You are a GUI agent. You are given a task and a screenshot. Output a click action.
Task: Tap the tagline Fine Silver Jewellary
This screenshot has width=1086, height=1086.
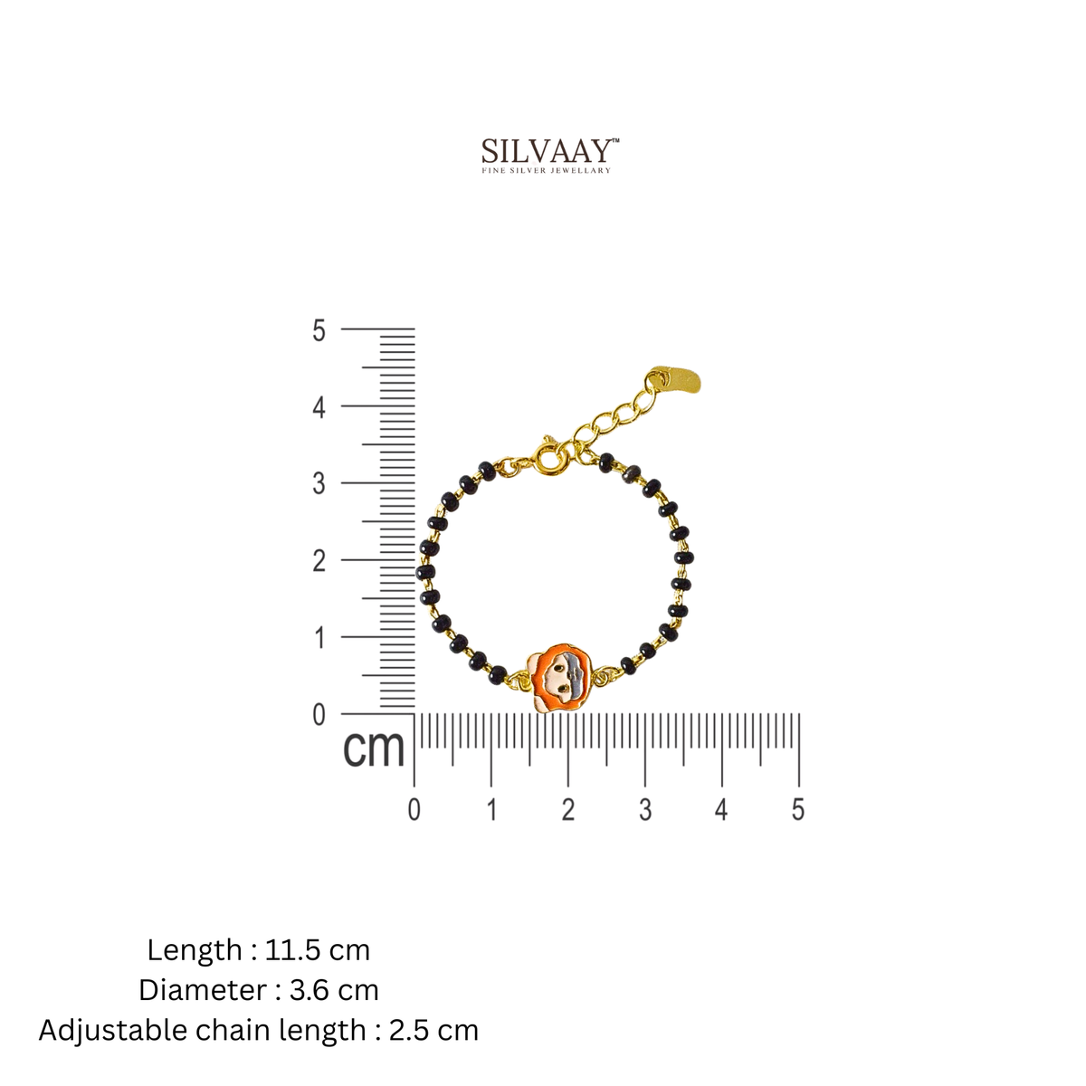coord(546,170)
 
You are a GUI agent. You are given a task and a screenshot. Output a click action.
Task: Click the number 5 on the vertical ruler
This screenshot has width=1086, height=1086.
coord(319,330)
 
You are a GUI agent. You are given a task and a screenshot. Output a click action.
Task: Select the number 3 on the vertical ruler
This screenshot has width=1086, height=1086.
coord(319,483)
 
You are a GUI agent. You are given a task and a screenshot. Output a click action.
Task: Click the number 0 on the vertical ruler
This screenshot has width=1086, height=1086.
coord(319,715)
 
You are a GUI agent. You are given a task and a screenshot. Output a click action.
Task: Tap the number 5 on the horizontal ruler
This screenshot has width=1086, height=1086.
coord(797,810)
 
